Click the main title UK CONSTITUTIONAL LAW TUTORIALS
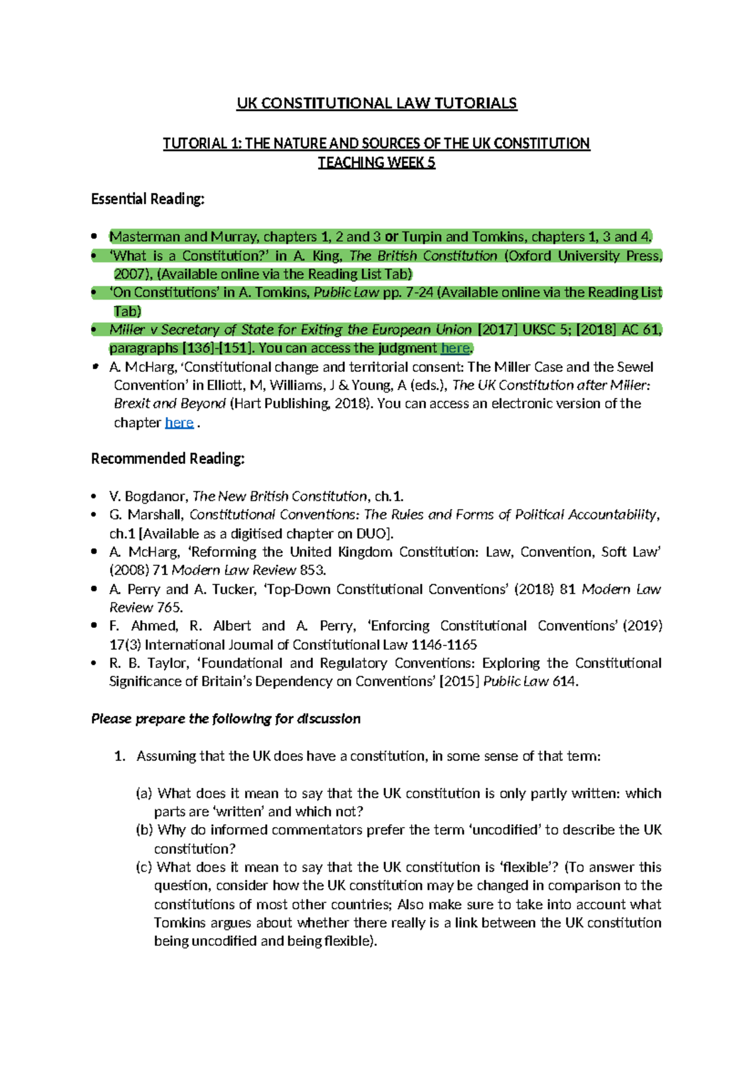tap(376, 104)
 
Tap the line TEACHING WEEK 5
tap(376, 163)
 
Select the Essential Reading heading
tap(148, 199)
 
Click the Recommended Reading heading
tap(167, 459)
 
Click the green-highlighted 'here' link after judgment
tap(455, 349)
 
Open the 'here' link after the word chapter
tap(178, 423)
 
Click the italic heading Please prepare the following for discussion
tap(226, 719)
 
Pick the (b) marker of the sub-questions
tap(145, 830)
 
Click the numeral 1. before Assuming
tap(121, 756)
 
